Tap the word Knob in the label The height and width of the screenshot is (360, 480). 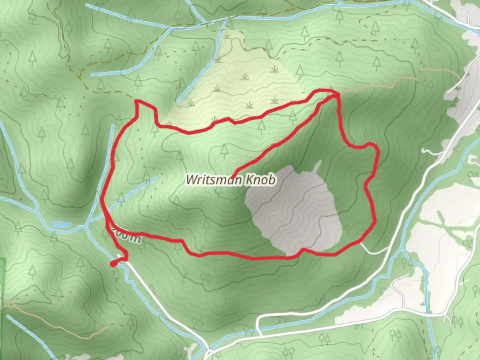261,180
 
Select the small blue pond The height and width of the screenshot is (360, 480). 61,225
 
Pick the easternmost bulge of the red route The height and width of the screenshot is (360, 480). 378,152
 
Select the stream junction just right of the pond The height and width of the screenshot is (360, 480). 86,227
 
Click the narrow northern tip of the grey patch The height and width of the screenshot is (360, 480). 318,164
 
